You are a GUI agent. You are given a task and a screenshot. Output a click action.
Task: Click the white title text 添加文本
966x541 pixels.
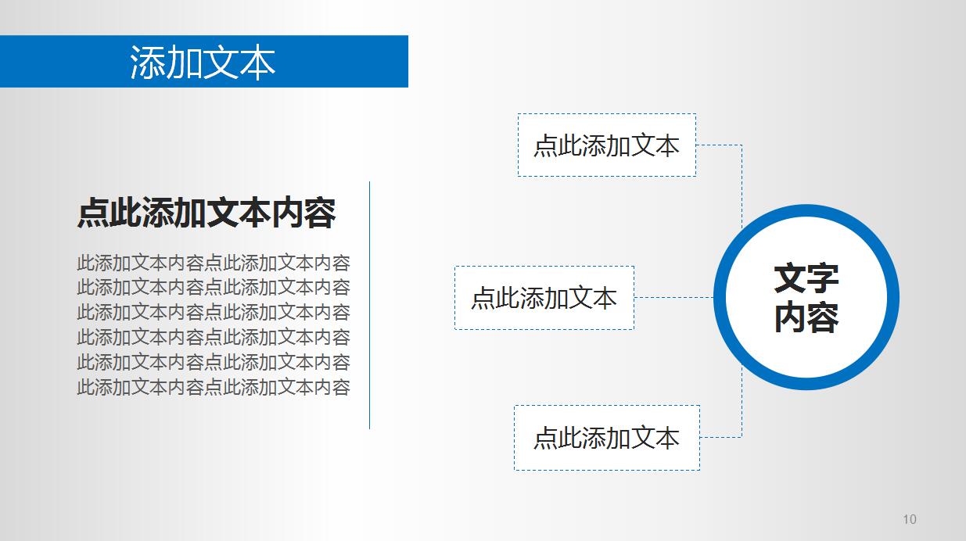(203, 63)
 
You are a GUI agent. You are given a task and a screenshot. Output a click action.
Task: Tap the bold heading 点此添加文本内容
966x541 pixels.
(206, 213)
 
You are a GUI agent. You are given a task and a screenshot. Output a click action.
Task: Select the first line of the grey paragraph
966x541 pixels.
(213, 263)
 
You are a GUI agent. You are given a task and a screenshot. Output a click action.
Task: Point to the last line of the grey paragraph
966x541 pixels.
(213, 387)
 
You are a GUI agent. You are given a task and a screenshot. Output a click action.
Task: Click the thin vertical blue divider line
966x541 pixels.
(369, 305)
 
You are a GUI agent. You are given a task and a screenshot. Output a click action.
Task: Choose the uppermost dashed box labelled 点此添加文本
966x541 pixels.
(606, 145)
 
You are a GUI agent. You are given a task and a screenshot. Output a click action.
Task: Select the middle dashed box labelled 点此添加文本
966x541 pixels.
(544, 298)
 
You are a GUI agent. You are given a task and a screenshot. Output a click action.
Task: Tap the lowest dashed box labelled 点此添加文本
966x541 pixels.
(606, 438)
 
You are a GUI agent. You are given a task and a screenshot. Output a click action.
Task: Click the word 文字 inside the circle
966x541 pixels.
(806, 278)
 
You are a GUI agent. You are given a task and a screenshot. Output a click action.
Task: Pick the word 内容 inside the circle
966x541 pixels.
(806, 318)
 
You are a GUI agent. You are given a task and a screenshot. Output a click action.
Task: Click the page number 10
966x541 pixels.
(909, 519)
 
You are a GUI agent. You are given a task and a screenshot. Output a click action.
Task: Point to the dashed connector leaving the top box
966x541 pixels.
(720, 145)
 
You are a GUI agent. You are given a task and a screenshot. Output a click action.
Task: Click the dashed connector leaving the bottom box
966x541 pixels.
(721, 437)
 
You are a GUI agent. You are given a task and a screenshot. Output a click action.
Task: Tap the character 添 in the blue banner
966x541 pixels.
(148, 63)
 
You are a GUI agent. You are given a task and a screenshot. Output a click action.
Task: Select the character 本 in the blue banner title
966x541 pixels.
(257, 63)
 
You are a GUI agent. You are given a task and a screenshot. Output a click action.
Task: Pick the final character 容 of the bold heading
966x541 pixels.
(320, 213)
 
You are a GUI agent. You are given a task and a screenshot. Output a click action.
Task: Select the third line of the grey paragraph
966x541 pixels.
(213, 313)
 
